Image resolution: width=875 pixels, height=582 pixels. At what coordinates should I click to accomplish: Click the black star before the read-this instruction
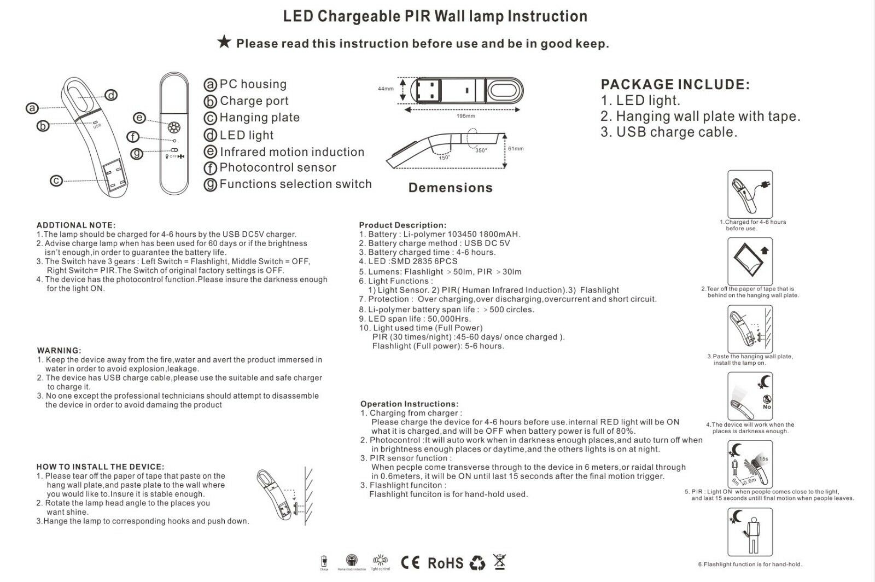[x=224, y=42]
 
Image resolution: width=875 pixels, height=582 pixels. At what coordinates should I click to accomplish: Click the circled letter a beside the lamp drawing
[x=32, y=108]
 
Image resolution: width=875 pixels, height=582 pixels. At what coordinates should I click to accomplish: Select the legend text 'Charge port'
[x=254, y=101]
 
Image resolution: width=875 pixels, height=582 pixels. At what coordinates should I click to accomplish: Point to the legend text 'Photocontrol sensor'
[x=278, y=168]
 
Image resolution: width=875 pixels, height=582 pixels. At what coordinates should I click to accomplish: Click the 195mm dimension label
[x=466, y=116]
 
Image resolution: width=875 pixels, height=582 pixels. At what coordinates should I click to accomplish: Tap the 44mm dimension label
[x=385, y=89]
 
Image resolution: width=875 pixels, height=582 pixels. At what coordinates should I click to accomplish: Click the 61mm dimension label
[x=516, y=149]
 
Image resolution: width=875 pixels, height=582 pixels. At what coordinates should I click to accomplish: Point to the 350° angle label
[x=481, y=150]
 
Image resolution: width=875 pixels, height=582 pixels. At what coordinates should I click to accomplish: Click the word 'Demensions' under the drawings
[x=451, y=188]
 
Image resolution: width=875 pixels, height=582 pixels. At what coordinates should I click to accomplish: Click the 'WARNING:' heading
[x=59, y=350]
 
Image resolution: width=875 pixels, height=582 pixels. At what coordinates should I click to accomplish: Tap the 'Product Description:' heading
[x=402, y=225]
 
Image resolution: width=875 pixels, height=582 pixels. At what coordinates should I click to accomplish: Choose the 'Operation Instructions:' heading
[x=410, y=404]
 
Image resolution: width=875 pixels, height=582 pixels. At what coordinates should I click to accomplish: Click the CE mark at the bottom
[x=410, y=562]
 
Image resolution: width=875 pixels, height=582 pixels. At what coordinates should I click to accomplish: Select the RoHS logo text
[x=445, y=563]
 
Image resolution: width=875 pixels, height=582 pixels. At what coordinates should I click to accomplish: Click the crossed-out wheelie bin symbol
[x=499, y=562]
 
